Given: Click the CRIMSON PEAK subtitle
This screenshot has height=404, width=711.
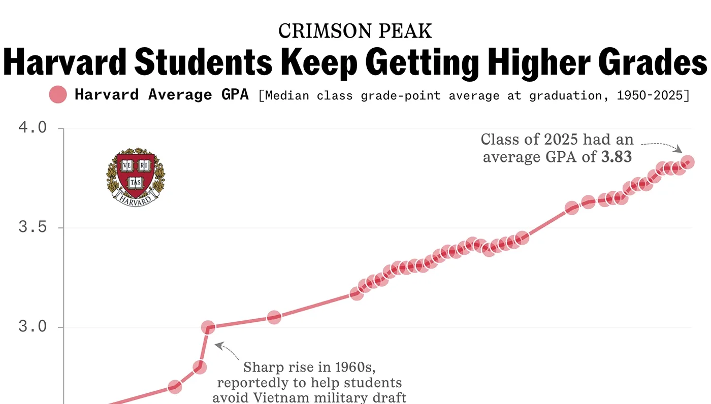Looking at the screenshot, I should click(x=355, y=31).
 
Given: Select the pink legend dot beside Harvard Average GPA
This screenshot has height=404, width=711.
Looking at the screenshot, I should click(x=58, y=94).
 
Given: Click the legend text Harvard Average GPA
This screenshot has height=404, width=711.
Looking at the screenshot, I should click(x=161, y=95).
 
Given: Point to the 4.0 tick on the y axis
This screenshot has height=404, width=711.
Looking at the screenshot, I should click(x=33, y=127).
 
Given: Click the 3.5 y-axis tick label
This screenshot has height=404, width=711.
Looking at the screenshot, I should click(x=33, y=227).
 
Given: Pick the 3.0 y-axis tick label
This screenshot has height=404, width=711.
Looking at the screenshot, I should click(x=33, y=327).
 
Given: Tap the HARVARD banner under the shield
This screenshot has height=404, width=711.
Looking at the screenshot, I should click(x=136, y=199).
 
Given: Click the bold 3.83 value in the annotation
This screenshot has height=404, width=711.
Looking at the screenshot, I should click(x=617, y=157).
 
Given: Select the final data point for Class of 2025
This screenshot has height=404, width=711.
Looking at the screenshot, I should click(x=688, y=162).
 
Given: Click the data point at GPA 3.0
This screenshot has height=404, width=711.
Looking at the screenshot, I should click(x=207, y=327).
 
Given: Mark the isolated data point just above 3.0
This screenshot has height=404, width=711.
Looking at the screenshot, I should click(x=274, y=317).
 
